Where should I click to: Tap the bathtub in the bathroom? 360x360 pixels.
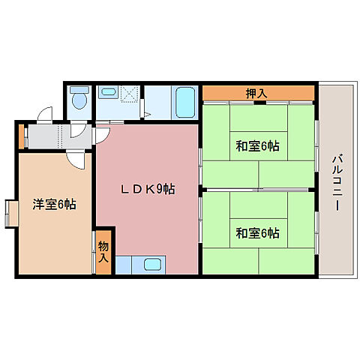(x=184, y=103)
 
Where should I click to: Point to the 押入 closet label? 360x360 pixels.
(x=257, y=93)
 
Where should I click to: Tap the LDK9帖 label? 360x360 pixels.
(x=148, y=190)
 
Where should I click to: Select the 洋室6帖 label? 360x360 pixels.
(x=52, y=203)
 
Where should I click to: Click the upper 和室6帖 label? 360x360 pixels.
(x=257, y=146)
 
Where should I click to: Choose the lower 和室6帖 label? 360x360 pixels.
(x=257, y=233)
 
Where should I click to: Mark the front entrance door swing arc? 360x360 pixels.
(x=45, y=116)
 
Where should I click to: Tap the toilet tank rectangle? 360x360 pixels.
(x=77, y=90)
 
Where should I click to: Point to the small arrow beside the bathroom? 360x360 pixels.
(x=148, y=114)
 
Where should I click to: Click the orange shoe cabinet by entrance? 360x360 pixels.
(x=21, y=136)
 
